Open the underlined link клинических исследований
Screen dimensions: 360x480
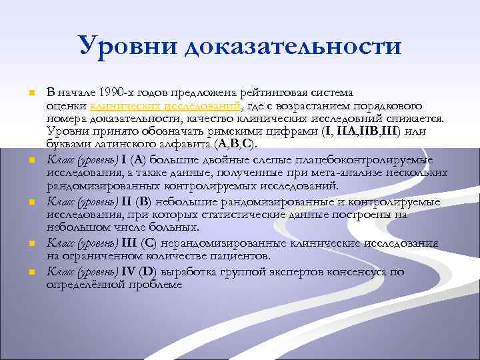[x=166, y=105]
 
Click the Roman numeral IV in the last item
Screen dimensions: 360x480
[x=129, y=271]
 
